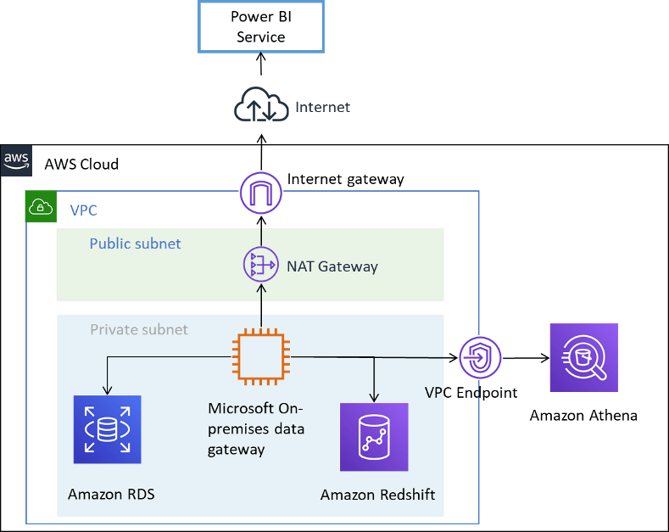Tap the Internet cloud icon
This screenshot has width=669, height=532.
(x=260, y=106)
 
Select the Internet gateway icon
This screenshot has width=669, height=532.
(x=261, y=192)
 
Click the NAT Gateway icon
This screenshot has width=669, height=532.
(x=261, y=266)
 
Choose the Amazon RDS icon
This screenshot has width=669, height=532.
(x=108, y=429)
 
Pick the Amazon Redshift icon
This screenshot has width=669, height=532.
(x=374, y=437)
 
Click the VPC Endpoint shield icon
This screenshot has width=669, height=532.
(x=481, y=357)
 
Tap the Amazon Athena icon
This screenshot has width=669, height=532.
(x=583, y=357)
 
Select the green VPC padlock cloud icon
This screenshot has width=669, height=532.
(x=40, y=206)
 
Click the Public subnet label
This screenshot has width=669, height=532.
(x=135, y=244)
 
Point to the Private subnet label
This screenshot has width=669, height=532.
(x=139, y=329)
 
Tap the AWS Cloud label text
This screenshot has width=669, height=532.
(x=81, y=164)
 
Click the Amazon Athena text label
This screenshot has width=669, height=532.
(x=583, y=416)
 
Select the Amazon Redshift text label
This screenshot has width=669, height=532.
(x=377, y=494)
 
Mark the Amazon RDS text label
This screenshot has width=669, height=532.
(x=111, y=494)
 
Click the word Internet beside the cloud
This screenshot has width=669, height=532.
(x=322, y=107)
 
